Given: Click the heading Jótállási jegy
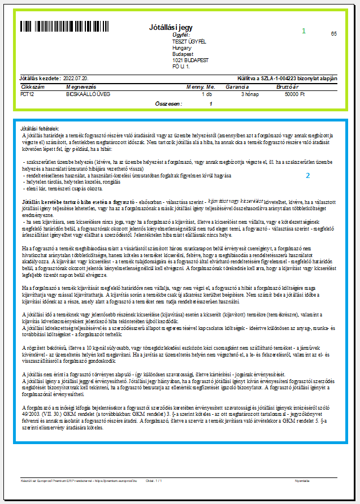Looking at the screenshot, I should tap(171, 27).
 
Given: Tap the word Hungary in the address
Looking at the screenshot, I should tap(181, 48).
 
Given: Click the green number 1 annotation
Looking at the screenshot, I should tap(303, 31).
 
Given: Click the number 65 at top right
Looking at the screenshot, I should tap(334, 34).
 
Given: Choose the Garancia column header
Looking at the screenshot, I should tap(237, 88).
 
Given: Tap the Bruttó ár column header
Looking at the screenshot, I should tap(287, 88).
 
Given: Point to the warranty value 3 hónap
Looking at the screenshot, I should tap(250, 94).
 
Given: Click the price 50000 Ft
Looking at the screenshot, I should tap(294, 94).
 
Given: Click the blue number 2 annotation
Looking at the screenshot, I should tap(308, 176).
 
